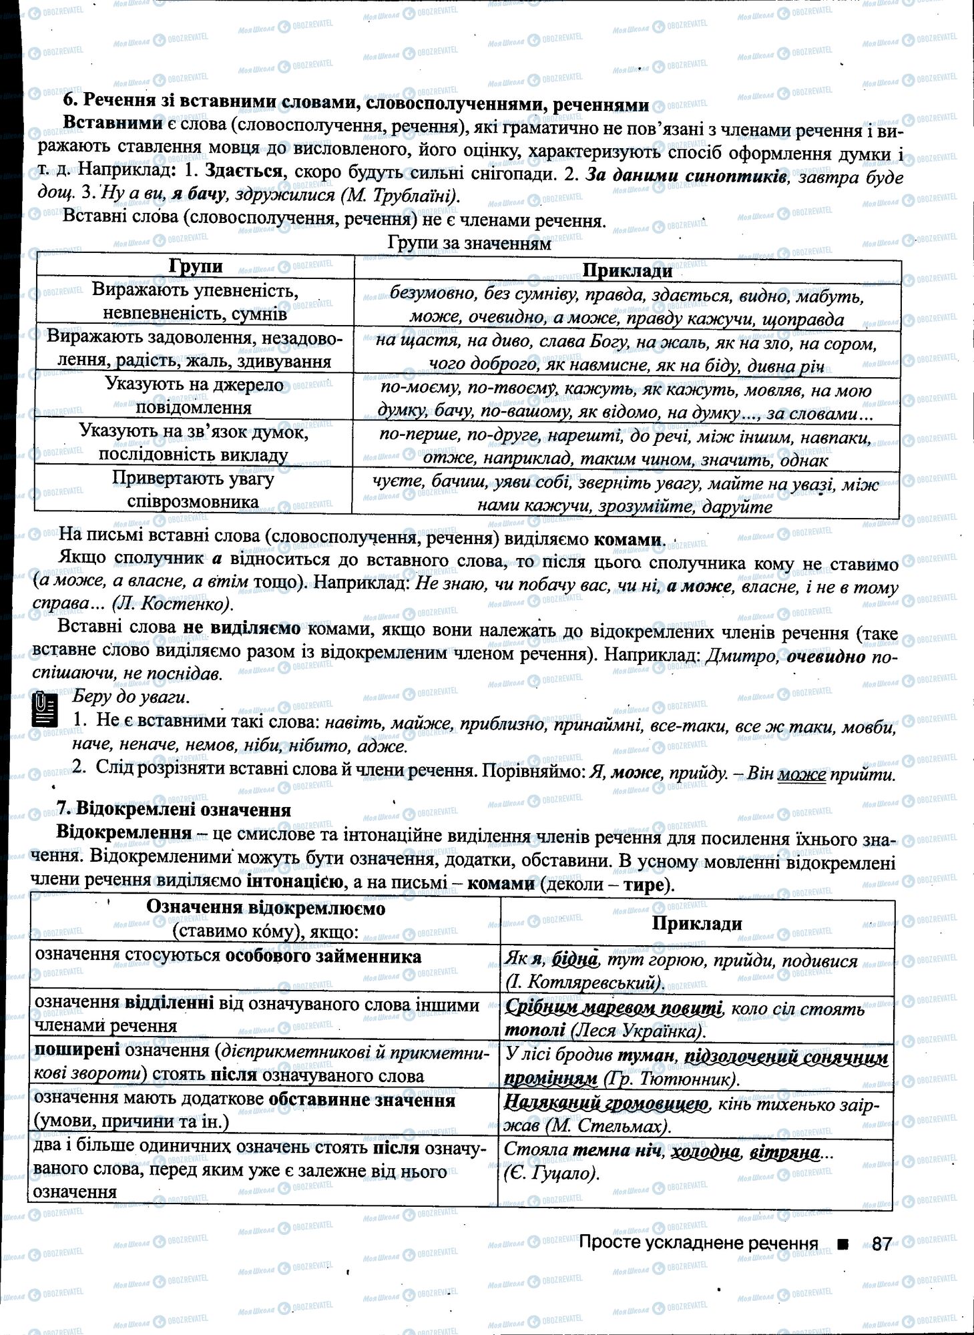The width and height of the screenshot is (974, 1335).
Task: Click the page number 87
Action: pyautogui.click(x=881, y=1244)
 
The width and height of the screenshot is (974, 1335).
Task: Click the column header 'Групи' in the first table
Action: pyautogui.click(x=196, y=266)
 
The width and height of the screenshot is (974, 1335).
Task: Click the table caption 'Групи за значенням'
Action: pyautogui.click(x=469, y=244)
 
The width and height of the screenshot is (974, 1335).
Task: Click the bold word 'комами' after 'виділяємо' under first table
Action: pyautogui.click(x=628, y=539)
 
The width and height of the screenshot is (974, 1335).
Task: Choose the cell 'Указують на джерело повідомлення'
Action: pyautogui.click(x=194, y=396)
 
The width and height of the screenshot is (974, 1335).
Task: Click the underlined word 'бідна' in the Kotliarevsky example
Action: pyautogui.click(x=573, y=960)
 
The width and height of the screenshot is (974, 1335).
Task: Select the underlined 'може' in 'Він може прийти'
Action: pyautogui.click(x=801, y=775)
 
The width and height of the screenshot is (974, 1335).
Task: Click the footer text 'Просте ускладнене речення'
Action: pyautogui.click(x=698, y=1243)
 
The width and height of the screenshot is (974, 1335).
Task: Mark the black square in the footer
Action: pyautogui.click(x=844, y=1243)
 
